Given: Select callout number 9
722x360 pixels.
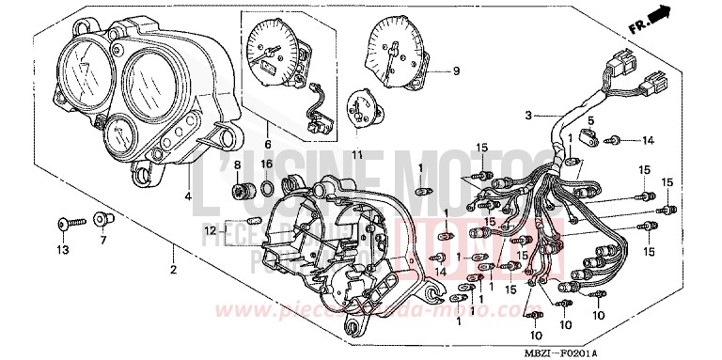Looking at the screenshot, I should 456,70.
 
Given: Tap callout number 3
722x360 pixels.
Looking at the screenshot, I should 529,116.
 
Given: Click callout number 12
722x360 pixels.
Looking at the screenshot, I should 212,229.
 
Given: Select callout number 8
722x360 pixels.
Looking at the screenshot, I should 237,164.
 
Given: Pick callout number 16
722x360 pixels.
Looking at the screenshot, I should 267,164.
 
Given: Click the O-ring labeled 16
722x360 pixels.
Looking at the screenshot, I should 267,193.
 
